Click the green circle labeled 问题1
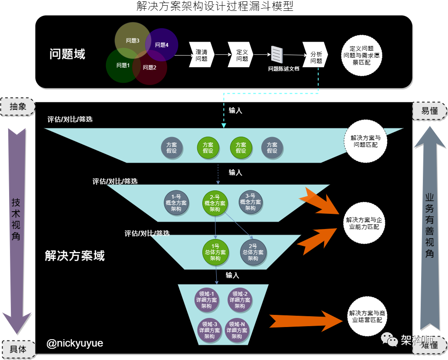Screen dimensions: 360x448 pyautogui.click(x=123, y=65)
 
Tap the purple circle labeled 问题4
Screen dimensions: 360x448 pyautogui.click(x=162, y=45)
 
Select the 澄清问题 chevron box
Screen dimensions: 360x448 pyautogui.click(x=201, y=55)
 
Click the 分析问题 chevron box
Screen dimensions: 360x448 pyautogui.click(x=315, y=55)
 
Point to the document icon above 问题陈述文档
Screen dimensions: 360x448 pyautogui.click(x=277, y=55)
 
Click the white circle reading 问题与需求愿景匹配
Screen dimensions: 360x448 pyautogui.click(x=361, y=56)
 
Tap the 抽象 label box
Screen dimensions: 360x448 pyautogui.click(x=18, y=107)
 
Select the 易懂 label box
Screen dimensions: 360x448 pyautogui.click(x=429, y=111)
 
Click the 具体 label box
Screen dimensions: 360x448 pyautogui.click(x=18, y=349)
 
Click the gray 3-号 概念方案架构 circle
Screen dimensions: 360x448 pyautogui.click(x=250, y=202)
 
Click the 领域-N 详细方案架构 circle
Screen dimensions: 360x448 pyautogui.click(x=237, y=330)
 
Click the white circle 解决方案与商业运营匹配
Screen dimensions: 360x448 pyautogui.click(x=367, y=317)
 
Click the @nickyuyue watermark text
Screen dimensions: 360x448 pyautogui.click(x=75, y=344)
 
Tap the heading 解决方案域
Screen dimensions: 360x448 pyautogui.click(x=75, y=255)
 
